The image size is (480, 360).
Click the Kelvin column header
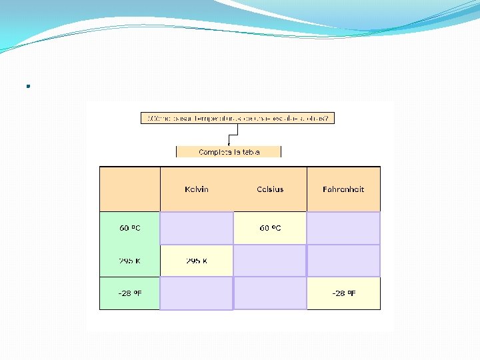(197, 189)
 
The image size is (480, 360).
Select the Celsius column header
(270, 189)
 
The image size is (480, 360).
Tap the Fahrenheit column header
(343, 189)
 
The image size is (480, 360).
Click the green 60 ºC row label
(130, 228)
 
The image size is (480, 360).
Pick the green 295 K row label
(130, 261)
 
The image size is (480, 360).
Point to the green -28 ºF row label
(130, 293)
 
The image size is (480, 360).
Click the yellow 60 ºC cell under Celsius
(270, 228)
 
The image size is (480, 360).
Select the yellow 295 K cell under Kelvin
(197, 261)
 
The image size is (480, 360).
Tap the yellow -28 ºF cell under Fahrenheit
(343, 293)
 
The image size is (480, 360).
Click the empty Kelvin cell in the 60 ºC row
(197, 228)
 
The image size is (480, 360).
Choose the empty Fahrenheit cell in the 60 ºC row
(343, 228)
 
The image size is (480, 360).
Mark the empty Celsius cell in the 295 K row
(270, 261)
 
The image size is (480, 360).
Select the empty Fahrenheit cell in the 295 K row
(343, 261)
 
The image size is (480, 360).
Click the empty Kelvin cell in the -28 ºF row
(197, 293)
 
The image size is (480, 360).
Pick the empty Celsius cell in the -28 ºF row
(270, 293)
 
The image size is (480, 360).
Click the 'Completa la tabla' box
(229, 152)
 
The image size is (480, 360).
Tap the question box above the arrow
(238, 118)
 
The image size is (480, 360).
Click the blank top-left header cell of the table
(130, 189)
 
